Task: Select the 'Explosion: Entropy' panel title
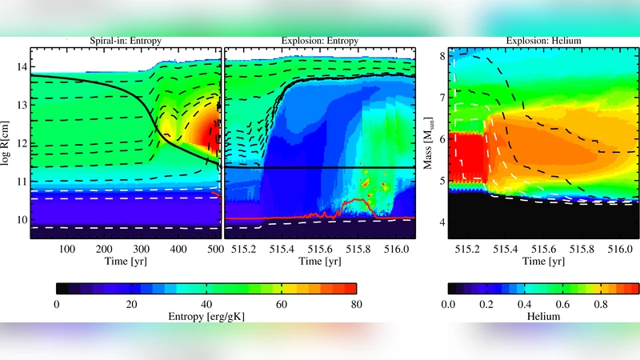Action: click(320, 40)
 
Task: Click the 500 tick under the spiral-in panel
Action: click(214, 249)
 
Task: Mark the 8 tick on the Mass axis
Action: click(438, 56)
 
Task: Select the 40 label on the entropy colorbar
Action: click(206, 304)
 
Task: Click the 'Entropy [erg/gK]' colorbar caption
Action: click(206, 316)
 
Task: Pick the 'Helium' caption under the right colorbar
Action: click(543, 316)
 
